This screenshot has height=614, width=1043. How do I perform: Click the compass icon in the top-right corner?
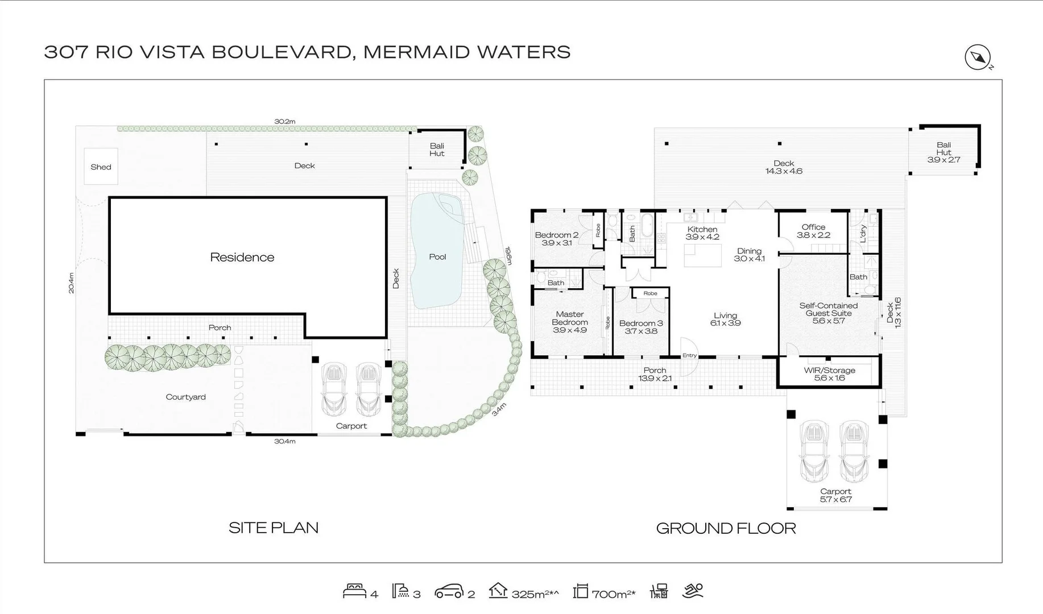978,57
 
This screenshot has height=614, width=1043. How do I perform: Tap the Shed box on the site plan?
101,167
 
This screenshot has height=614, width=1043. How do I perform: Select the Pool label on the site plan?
437,257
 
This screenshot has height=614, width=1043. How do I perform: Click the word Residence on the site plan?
242,258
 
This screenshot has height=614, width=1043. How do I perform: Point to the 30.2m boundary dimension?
285,121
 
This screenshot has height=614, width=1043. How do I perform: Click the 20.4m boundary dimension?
71,283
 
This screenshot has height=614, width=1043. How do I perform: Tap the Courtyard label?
185,397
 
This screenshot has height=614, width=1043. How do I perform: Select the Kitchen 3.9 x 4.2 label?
702,233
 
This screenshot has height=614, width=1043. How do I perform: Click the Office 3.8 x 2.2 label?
813,231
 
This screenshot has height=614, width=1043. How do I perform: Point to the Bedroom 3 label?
641,327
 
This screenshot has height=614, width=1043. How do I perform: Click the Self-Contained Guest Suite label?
829,313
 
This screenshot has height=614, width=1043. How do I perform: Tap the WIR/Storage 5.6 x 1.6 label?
829,374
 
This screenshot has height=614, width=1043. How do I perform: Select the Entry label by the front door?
689,355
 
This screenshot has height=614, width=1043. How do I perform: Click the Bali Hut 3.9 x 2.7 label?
943,152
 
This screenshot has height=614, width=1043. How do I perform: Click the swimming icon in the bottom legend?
693,591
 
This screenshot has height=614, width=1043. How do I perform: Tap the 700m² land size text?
613,594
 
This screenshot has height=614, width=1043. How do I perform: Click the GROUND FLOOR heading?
726,528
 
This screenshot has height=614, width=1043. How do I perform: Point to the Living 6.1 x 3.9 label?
725,319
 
